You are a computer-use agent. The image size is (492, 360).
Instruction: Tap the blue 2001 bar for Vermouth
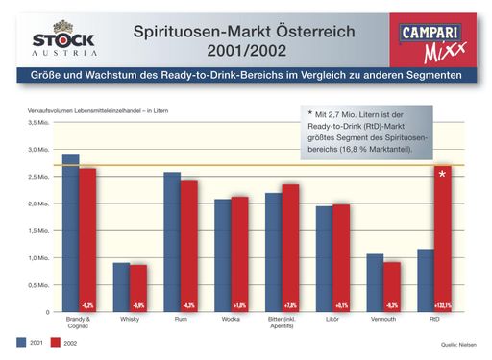click(x=374, y=283)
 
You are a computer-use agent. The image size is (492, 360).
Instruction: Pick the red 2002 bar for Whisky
click(x=138, y=288)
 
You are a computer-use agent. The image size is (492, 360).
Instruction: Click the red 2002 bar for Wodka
click(x=239, y=254)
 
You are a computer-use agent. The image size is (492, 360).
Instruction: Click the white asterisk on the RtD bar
click(x=442, y=174)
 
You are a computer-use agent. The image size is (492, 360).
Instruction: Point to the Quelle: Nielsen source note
click(x=456, y=344)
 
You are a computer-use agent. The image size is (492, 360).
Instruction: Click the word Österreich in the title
click(x=309, y=32)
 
